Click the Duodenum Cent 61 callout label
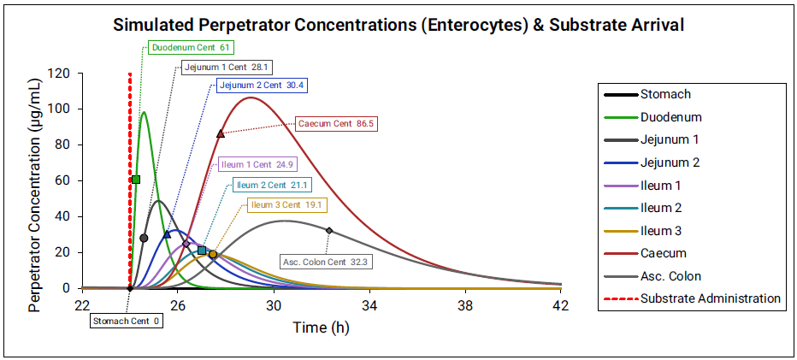click(x=190, y=47)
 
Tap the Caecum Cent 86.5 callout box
click(x=336, y=123)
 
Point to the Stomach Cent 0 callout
click(x=127, y=321)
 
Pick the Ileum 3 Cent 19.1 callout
click(x=286, y=204)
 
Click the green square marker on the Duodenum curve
click(x=136, y=180)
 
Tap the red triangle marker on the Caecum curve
click(x=221, y=133)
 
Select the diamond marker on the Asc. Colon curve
click(x=329, y=230)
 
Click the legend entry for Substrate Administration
click(x=710, y=298)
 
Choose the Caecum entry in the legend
click(x=663, y=253)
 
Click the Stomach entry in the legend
click(x=665, y=94)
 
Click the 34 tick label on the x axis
click(x=369, y=305)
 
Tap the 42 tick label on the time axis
click(x=561, y=305)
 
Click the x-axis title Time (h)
click(x=321, y=327)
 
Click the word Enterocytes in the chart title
click(x=472, y=25)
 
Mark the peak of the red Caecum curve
click(x=250, y=97)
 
